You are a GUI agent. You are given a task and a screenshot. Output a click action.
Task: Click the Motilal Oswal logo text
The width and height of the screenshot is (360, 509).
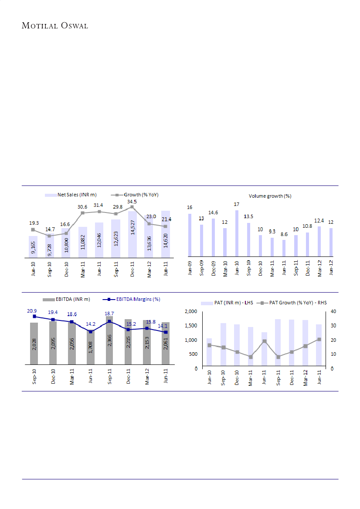[55, 26]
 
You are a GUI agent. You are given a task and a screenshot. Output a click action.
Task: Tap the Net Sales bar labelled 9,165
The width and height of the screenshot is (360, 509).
[33, 246]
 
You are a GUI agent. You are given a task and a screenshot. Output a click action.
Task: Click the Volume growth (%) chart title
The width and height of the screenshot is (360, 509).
[270, 196]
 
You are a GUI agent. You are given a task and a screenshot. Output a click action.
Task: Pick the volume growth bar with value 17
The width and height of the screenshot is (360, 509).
[237, 233]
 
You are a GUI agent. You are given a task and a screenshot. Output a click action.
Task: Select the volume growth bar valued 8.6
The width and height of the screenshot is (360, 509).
[284, 248]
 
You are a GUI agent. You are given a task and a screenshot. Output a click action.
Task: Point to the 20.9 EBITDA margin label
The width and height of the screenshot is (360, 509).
[32, 311]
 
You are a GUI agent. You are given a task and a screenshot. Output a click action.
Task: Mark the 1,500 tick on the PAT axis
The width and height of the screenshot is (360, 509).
[189, 325]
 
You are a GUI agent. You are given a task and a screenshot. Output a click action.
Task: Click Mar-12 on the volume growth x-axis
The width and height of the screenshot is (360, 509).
[319, 268]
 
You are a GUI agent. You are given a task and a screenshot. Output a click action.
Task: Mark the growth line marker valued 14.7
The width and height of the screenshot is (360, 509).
[50, 236]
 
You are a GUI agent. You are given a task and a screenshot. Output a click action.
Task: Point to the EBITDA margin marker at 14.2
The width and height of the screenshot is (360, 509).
[91, 332]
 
